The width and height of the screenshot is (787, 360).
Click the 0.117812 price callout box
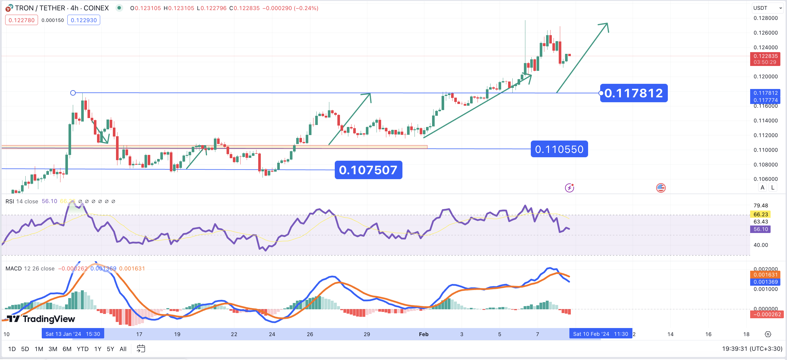[x=634, y=93]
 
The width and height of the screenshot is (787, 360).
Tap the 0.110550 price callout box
[x=559, y=149]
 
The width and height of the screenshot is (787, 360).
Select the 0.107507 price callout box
[x=368, y=170]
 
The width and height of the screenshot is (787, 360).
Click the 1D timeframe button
[x=12, y=349]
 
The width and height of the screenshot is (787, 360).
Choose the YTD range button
[x=83, y=349]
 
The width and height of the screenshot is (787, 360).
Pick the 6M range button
[x=67, y=349]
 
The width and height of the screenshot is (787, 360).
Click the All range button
[x=123, y=349]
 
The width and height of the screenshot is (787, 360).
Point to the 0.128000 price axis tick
[x=765, y=18]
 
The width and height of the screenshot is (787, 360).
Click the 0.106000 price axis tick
[x=765, y=179]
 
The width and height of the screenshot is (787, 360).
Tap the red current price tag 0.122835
[x=765, y=56]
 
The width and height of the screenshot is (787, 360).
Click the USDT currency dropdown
[x=767, y=8]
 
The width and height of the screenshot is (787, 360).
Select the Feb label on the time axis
[x=423, y=334]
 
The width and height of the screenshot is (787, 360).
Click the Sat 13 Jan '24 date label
[x=73, y=334]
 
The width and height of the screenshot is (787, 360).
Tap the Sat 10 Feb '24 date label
[x=600, y=334]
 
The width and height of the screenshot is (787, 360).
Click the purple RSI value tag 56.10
[x=761, y=229]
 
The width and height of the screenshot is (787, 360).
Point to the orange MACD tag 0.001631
[x=765, y=274]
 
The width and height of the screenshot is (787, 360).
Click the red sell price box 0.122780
[x=21, y=20]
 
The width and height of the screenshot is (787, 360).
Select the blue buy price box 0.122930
[x=84, y=20]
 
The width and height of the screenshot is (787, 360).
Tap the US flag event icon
[x=661, y=188]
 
